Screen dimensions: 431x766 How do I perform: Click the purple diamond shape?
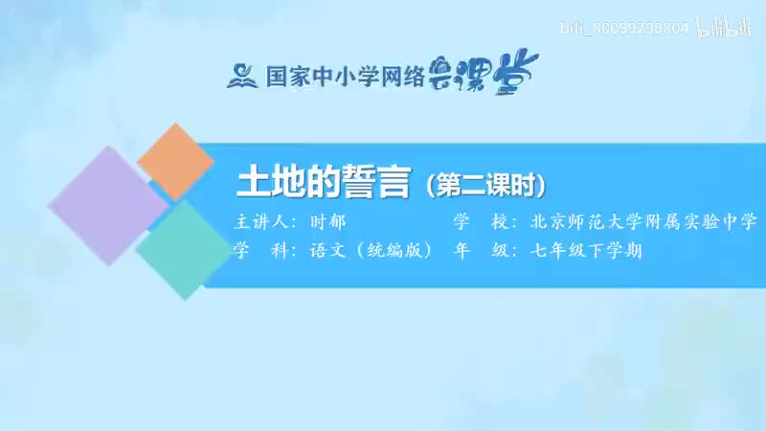tap(107, 205)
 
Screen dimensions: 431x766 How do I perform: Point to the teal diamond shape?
tap(183, 248)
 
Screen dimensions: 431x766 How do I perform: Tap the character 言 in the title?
tap(392, 182)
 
